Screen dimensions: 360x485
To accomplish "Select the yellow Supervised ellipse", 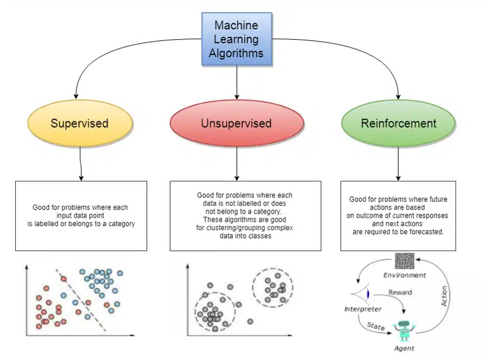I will pos(79,123).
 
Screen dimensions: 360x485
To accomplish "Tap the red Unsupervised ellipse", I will pos(236,123).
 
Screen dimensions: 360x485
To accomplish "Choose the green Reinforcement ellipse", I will pos(398,123).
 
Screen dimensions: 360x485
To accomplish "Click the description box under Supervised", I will pos(81,215).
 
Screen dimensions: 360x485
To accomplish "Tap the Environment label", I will pos(404,276).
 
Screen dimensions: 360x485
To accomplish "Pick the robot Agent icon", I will pos(405,331).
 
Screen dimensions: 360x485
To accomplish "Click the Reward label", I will pos(400,293).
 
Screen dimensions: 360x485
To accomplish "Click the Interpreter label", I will pos(363,309).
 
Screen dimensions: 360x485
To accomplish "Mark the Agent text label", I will pos(404,348).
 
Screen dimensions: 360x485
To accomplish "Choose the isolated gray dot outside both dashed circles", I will pos(250,321).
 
